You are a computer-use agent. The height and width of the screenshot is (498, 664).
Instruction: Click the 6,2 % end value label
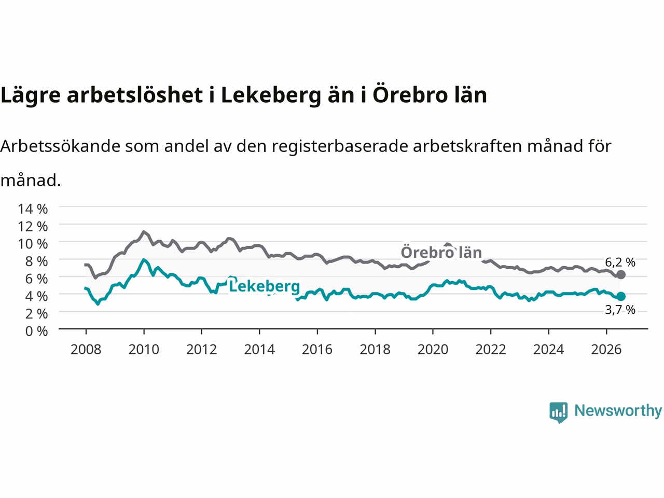620,262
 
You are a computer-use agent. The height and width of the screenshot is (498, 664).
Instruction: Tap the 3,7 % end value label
620,310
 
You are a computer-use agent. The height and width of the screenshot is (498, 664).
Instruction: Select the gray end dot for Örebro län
621,275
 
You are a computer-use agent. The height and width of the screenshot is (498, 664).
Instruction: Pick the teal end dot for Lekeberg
621,297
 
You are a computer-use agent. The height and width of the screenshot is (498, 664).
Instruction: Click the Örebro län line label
441,253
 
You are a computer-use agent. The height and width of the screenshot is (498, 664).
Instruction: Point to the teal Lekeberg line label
265,286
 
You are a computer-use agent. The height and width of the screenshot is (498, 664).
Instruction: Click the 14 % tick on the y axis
33,209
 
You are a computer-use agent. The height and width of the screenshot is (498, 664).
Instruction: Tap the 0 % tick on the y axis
37,331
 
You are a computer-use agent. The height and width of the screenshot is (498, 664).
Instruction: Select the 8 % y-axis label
37,261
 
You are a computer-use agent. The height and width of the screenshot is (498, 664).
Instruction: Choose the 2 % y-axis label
37,314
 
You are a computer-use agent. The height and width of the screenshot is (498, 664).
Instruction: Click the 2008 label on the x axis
86,350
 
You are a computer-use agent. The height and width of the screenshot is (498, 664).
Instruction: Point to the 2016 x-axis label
317,350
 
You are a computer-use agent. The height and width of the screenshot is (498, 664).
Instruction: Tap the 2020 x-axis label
433,350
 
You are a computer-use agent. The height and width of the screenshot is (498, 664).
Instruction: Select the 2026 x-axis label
606,350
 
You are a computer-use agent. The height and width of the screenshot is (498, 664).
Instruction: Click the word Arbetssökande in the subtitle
61,146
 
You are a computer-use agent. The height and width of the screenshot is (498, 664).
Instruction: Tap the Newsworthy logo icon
558,412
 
